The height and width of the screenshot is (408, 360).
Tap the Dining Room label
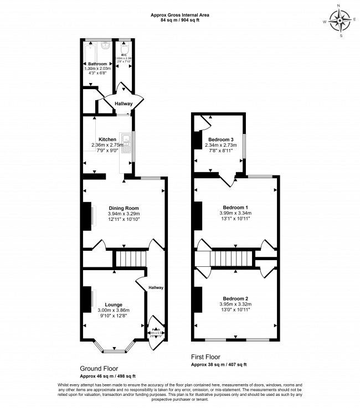tap(124, 207)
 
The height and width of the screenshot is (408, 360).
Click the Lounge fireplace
tap(88, 298)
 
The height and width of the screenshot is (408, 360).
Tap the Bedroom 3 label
tap(221, 139)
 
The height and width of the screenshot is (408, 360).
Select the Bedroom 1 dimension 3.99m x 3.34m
tap(235, 213)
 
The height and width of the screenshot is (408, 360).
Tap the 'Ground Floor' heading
tap(99, 369)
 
